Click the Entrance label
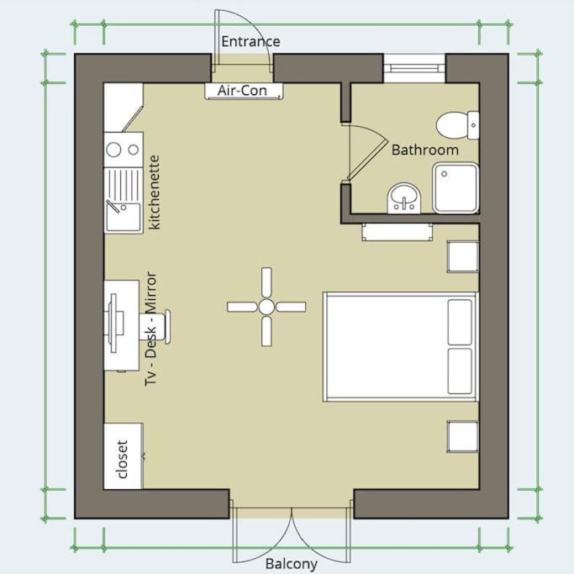tap(250, 41)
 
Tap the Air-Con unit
tap(244, 91)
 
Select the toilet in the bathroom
tap(457, 125)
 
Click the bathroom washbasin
tap(404, 198)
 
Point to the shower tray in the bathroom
tap(456, 188)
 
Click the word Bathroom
tap(425, 150)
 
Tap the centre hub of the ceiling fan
tap(266, 307)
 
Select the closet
tap(124, 456)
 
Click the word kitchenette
tap(155, 192)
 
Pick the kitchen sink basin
tap(124, 218)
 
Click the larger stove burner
tap(113, 150)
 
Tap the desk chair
tap(155, 327)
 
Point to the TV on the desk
tap(113, 322)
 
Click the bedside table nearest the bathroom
tap(463, 256)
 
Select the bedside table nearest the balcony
tap(463, 437)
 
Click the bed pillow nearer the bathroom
tap(460, 322)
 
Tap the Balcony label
tap(292, 564)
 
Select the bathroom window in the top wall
tap(414, 68)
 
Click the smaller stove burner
tap(134, 150)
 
